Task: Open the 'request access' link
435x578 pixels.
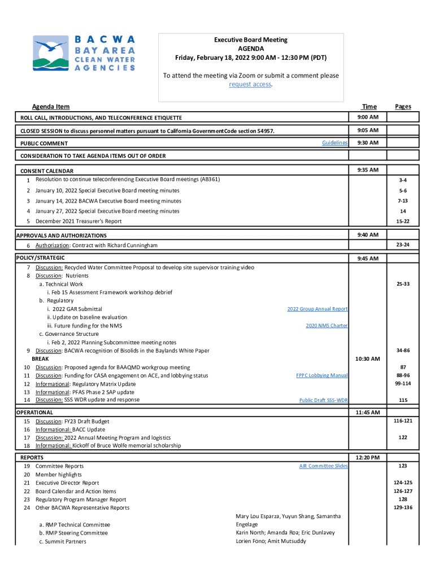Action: click(x=250, y=84)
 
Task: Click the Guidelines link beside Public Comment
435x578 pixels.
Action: click(x=334, y=143)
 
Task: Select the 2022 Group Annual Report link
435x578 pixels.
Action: click(x=317, y=309)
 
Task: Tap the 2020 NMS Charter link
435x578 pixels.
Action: click(x=327, y=326)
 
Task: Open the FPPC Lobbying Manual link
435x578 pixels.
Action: click(x=321, y=375)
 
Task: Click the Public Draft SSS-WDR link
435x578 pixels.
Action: click(x=323, y=400)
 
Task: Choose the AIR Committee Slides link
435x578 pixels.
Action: click(x=323, y=466)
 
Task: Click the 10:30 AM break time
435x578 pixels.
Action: click(x=368, y=358)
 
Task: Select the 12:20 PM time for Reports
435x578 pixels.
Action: click(x=368, y=457)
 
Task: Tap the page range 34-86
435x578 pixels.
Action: click(x=403, y=351)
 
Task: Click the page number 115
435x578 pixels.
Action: click(x=403, y=400)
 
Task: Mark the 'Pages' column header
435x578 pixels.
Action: click(x=403, y=106)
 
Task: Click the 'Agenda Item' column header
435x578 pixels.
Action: click(x=51, y=106)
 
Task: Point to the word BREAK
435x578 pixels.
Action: click(x=40, y=359)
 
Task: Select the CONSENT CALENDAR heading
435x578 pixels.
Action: click(x=47, y=171)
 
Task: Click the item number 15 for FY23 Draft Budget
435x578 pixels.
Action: click(x=27, y=421)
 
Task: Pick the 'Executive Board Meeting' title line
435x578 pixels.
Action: click(x=250, y=40)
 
